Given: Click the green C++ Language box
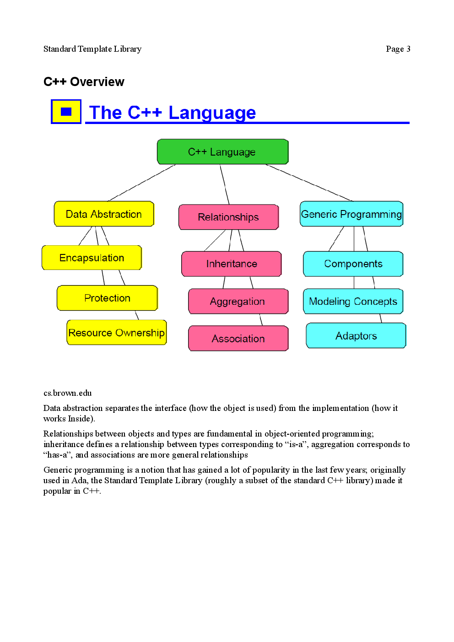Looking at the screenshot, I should click(222, 152).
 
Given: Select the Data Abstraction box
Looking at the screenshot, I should click(104, 214).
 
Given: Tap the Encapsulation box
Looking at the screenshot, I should click(92, 258).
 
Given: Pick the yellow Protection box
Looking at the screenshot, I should click(107, 298).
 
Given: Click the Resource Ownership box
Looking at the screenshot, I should click(116, 333).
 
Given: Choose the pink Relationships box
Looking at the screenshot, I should click(228, 217).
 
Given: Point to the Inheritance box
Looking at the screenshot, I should click(231, 264).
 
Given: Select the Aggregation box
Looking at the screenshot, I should click(238, 302).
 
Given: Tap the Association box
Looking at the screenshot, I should click(238, 339).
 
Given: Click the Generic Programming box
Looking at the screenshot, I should click(351, 214).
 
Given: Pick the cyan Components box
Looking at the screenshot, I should click(353, 264).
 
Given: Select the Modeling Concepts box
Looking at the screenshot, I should click(353, 302).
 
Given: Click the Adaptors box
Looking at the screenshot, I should click(356, 336).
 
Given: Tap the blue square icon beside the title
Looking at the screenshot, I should click(66, 112).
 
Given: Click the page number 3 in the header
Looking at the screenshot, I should click(408, 49).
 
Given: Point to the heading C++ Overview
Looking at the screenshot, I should click(84, 82).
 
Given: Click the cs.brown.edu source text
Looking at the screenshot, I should click(67, 393).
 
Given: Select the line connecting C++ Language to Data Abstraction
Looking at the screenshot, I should click(142, 183).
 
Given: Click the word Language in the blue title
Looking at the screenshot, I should click(212, 113).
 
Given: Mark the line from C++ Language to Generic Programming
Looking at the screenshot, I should click(309, 183).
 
